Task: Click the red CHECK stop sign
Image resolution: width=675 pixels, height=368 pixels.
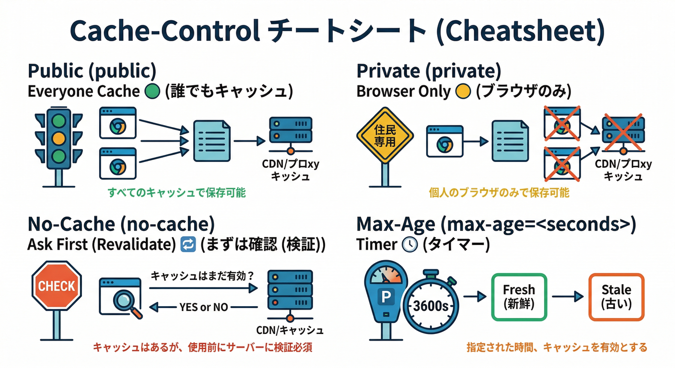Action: point(57,286)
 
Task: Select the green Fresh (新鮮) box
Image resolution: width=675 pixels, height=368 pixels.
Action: point(519,297)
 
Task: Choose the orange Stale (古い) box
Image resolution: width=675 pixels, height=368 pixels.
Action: point(616,297)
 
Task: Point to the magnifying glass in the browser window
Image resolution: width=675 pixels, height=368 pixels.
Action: point(128,302)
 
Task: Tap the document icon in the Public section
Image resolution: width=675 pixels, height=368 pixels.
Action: point(211,141)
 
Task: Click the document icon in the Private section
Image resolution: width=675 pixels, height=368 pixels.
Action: point(510,141)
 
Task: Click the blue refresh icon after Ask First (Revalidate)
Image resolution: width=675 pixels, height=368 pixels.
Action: point(186,245)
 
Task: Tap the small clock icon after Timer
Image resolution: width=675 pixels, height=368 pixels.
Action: point(409,245)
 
